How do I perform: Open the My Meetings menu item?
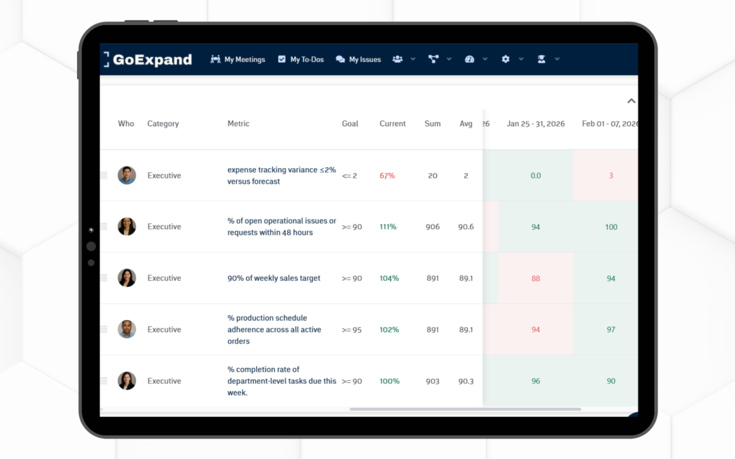point(238,59)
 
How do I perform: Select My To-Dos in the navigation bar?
point(301,59)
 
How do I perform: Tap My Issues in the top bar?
point(359,59)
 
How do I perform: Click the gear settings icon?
point(506,59)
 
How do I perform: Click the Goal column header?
point(350,124)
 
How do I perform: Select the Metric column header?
point(238,124)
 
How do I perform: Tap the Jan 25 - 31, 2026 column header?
point(536,124)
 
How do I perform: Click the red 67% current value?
point(387,175)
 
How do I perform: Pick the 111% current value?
point(388,226)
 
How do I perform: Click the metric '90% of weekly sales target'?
point(274,278)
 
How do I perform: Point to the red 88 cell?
point(536,278)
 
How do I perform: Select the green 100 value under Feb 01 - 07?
point(611,226)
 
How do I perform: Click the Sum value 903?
point(432,381)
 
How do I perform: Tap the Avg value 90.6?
point(465,226)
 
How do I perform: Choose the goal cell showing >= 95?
point(351,329)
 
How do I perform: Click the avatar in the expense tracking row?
point(127,175)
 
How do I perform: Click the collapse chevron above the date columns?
point(631,101)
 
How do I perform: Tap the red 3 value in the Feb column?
point(611,175)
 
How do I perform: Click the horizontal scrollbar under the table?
point(465,409)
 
